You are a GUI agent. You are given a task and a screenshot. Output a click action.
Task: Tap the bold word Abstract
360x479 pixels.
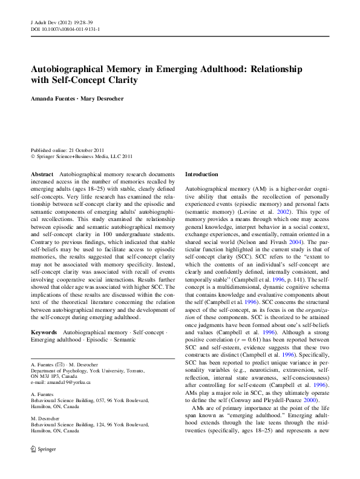(42, 174)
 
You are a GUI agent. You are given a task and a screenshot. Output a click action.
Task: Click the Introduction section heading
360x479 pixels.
(201, 174)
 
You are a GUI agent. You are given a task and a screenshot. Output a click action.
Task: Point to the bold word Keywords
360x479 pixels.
(44, 333)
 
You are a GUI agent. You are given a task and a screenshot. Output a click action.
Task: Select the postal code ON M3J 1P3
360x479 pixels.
(52, 375)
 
